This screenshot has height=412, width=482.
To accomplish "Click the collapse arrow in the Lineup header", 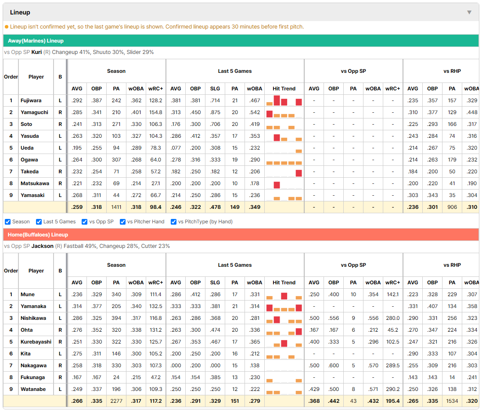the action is (x=469, y=12).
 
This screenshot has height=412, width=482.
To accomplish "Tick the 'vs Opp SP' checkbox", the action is (x=85, y=222).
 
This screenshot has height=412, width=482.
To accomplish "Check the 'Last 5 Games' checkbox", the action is (x=39, y=222).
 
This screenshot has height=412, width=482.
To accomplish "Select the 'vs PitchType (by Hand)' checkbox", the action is (x=174, y=222).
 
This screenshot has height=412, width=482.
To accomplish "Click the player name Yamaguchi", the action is (x=34, y=112).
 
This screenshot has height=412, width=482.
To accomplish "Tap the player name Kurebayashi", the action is (x=36, y=342).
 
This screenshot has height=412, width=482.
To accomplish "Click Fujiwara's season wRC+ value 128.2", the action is (x=155, y=100).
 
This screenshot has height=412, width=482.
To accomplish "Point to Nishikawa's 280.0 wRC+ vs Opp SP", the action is (x=393, y=318).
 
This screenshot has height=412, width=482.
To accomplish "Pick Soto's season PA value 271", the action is (x=116, y=124).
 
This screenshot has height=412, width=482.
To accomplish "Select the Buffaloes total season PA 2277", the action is (x=116, y=401).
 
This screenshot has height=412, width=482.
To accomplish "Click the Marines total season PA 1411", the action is (x=116, y=207).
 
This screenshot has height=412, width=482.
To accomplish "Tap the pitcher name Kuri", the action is (x=36, y=52).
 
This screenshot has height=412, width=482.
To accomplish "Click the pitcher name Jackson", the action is (x=43, y=246).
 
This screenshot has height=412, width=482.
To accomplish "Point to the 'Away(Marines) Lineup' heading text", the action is (x=36, y=41).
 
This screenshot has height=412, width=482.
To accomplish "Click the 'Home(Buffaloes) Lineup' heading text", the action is (x=38, y=235).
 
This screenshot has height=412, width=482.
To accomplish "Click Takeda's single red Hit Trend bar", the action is (x=299, y=173).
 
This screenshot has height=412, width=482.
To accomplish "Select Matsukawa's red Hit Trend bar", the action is (x=277, y=185).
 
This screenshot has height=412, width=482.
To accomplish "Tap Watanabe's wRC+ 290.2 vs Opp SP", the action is (x=393, y=389).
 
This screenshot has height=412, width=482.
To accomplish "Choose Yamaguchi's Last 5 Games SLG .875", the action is (x=215, y=112).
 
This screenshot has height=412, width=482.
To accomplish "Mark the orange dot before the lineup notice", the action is (x=7, y=27).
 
